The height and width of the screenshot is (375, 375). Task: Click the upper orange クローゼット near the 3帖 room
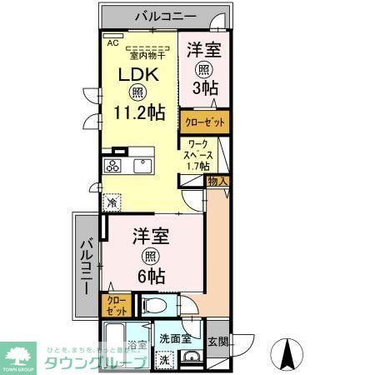point(203,122)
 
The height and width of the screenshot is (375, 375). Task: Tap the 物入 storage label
point(217,181)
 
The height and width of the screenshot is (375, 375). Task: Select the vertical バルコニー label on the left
point(87,264)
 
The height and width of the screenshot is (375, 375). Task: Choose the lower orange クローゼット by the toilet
point(113,303)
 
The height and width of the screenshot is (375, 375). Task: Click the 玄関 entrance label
point(217,341)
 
